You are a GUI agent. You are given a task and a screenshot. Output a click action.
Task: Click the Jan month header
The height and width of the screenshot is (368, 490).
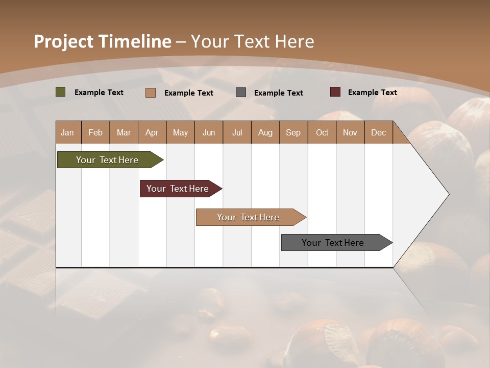(67, 133)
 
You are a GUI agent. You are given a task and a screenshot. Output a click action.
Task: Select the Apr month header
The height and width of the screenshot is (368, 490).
(152, 133)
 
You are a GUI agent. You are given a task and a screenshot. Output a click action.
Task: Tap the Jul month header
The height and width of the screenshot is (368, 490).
(237, 133)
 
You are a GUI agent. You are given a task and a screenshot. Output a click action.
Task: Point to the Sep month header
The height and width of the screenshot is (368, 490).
(293, 133)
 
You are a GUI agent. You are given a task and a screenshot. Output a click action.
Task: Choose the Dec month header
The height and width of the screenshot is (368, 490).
(378, 133)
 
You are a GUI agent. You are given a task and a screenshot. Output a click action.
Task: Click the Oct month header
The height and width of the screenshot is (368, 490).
(322, 133)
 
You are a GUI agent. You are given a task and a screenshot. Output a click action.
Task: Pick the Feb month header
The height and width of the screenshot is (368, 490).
(95, 133)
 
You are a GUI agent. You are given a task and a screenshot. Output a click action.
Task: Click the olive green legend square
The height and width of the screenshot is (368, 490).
(60, 92)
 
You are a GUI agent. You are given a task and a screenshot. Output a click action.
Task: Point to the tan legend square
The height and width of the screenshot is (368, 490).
(150, 93)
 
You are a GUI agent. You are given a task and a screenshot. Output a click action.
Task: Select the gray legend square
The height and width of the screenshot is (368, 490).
(241, 93)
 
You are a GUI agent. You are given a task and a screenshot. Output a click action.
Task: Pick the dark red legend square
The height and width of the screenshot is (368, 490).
(335, 92)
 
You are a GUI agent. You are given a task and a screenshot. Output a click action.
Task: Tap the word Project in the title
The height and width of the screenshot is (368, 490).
(63, 41)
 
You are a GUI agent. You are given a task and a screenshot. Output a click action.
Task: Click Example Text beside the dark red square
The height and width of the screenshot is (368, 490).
(372, 93)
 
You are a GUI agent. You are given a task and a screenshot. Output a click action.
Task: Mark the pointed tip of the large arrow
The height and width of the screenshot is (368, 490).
(448, 194)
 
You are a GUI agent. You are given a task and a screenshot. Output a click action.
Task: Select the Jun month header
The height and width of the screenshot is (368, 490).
(209, 133)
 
